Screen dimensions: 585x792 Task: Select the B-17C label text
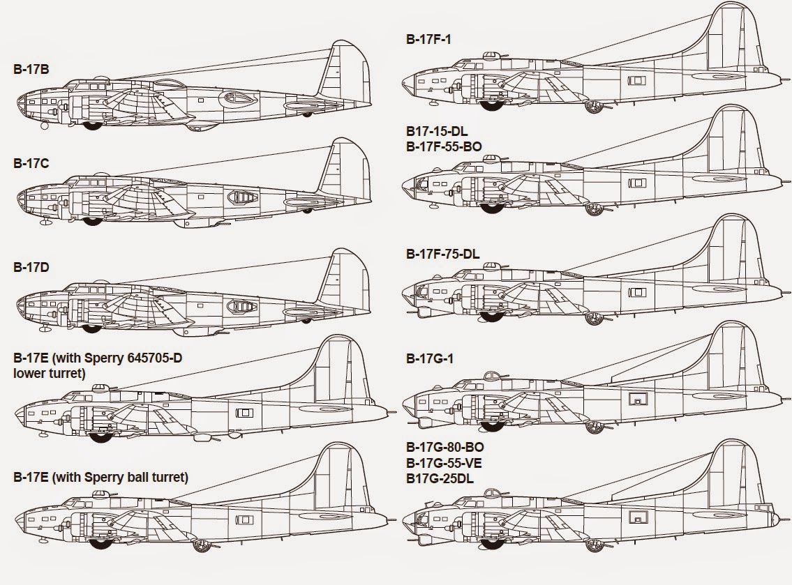pos(31,163)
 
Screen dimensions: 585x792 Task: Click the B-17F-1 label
pos(428,39)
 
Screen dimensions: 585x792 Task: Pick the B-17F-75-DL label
pos(442,254)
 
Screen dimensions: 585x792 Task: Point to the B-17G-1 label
pos(428,358)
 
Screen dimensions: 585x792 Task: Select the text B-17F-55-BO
pos(444,146)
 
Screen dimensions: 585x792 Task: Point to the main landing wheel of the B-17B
pos(91,126)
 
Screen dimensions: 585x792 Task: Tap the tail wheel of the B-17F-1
pos(595,106)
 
